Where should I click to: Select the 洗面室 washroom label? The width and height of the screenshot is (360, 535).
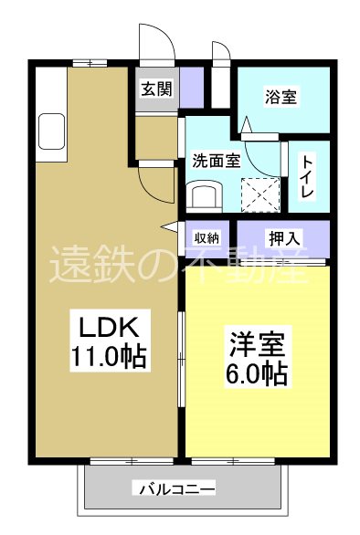point(215,160)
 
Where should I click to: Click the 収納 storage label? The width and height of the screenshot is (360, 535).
point(206,237)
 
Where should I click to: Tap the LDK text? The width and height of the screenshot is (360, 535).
point(105,326)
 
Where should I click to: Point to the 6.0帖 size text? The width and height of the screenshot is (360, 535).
point(257,374)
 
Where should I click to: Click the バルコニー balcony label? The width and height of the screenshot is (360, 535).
point(177,489)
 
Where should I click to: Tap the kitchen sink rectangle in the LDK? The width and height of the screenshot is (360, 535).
point(49,133)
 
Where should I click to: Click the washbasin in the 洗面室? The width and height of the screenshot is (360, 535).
point(204,194)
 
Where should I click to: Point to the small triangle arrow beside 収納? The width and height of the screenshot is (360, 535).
point(169,226)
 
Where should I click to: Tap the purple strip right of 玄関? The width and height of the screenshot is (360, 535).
point(192,88)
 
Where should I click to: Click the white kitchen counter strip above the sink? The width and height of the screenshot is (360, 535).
point(49,90)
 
